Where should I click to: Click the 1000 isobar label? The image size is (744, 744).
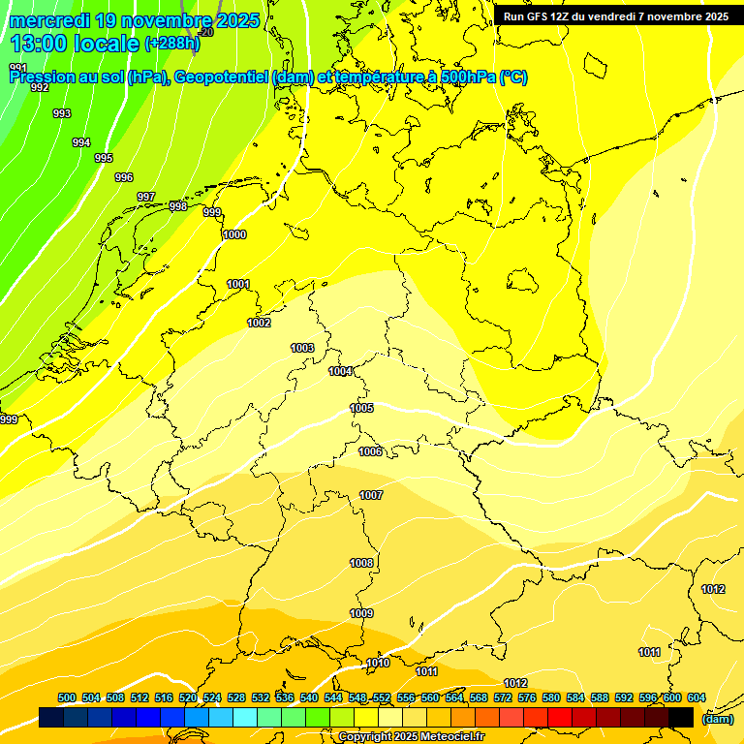pos(234,234)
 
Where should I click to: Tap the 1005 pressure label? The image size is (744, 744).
pos(361,408)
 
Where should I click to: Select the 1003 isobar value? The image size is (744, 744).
pos(302,348)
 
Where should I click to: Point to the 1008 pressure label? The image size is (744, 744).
pos(361,563)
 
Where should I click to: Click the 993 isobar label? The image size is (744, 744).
pos(62,113)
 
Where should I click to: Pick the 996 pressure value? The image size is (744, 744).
pos(124,177)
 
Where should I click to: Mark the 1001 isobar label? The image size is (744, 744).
pos(238,284)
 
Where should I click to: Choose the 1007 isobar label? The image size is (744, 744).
pos(371,495)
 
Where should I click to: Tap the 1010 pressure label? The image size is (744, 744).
pos(378,663)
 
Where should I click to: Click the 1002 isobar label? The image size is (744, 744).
pos(259,323)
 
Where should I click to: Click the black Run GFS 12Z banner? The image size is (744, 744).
pos(616,16)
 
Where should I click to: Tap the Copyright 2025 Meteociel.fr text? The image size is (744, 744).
pos(411,736)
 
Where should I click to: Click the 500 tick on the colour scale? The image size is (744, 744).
pos(67,697)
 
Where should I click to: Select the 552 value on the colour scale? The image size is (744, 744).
pos(382,697)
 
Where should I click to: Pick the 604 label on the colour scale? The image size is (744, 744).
pos(697,697)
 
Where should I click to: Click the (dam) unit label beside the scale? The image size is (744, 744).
pos(717,718)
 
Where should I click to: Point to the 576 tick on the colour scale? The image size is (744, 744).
pos(527,697)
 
